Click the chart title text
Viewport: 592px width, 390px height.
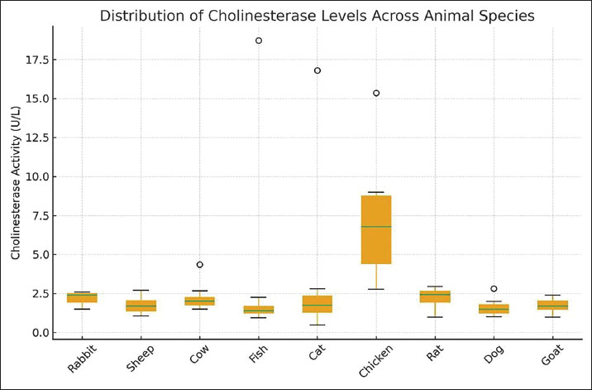click(317, 15)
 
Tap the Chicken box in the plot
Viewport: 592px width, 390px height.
click(376, 240)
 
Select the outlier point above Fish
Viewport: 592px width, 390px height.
click(259, 41)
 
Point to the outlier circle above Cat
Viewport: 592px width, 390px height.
click(317, 70)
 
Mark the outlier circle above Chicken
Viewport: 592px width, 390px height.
click(376, 93)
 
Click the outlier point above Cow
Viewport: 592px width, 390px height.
click(199, 265)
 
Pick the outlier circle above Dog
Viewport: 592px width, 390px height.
click(494, 289)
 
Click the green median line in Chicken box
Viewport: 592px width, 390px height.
click(376, 226)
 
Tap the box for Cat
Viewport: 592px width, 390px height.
click(317, 304)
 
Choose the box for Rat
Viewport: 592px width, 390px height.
click(435, 296)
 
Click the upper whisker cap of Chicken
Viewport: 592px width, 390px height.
click(376, 192)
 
